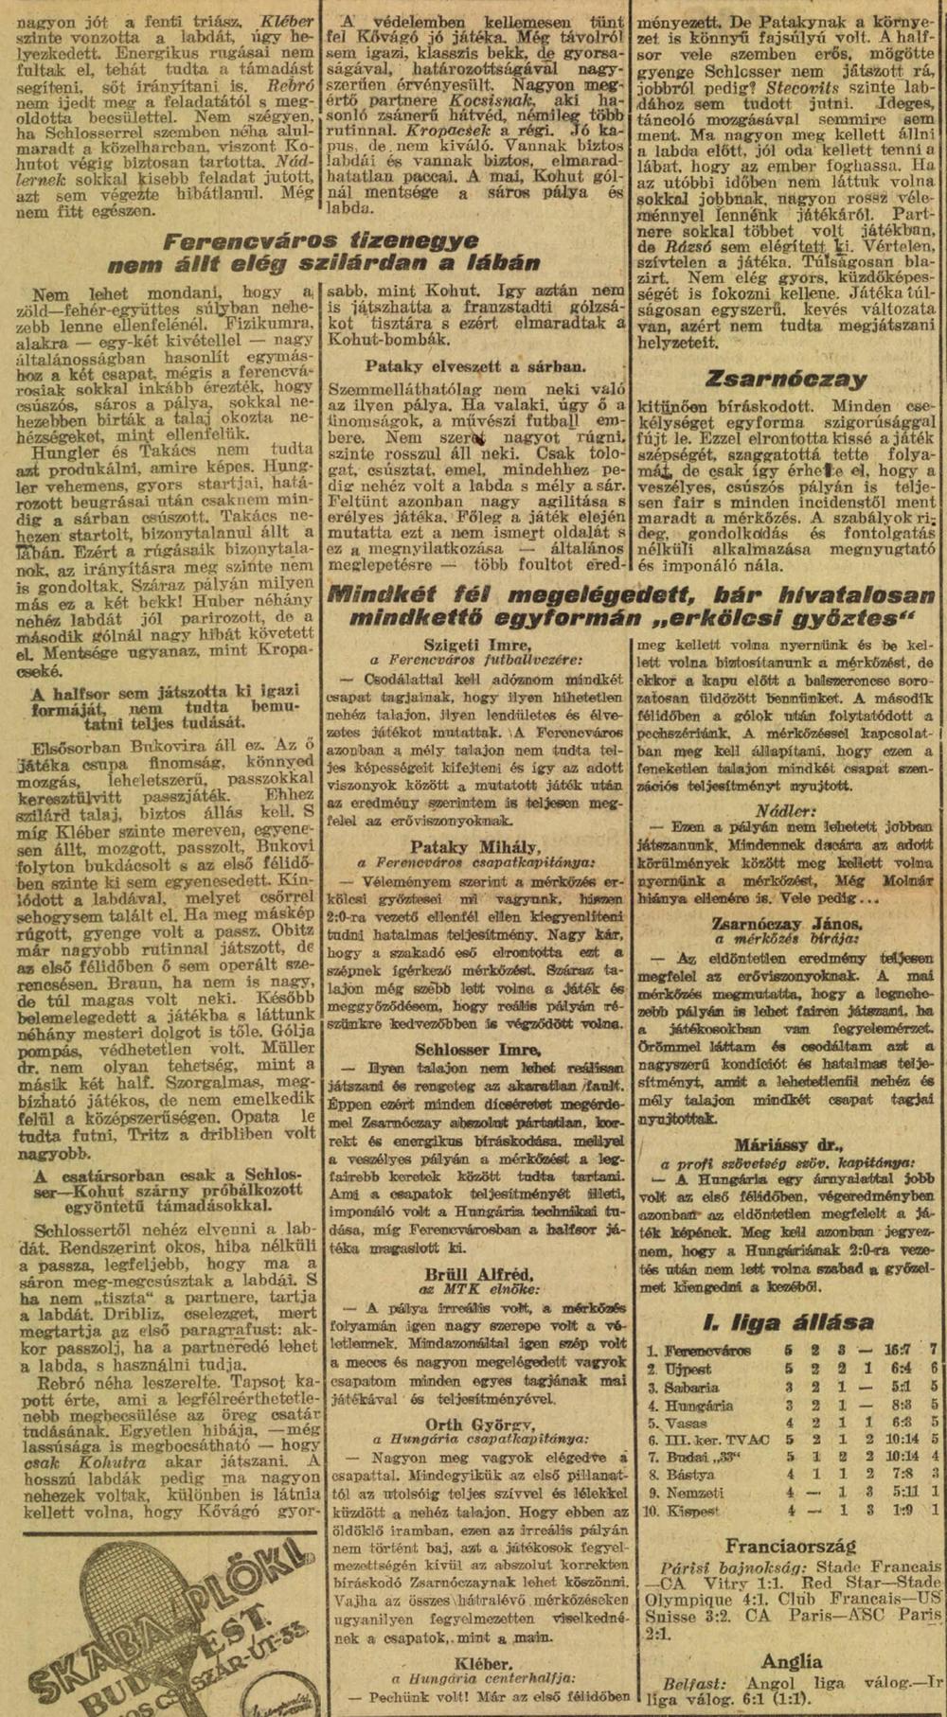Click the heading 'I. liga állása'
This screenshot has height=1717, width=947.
[x=788, y=1323]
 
